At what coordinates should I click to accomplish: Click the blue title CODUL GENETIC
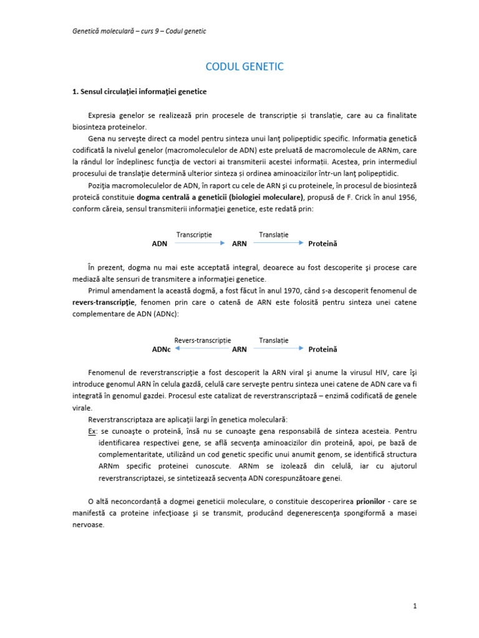[244, 67]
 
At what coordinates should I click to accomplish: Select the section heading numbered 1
[139, 92]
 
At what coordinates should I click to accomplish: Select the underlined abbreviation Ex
[92, 431]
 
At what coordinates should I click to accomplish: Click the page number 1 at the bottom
[414, 606]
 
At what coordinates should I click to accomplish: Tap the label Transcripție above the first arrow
[194, 235]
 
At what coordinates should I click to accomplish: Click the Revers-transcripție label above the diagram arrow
[202, 341]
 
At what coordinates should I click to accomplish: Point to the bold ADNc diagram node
[161, 350]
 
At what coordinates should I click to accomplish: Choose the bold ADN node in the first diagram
[160, 244]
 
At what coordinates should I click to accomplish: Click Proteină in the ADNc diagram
[322, 350]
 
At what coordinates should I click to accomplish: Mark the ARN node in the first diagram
[239, 244]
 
